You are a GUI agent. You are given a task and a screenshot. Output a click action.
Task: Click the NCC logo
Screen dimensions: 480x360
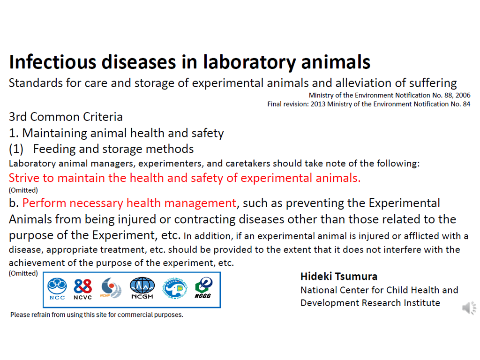57,289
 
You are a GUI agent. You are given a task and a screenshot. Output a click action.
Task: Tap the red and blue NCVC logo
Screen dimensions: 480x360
82,289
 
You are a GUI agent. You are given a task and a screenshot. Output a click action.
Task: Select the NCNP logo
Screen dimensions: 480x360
111,288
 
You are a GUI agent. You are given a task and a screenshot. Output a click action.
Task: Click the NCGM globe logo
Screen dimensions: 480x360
142,288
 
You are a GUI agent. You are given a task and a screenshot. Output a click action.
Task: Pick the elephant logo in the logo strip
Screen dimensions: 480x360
175,288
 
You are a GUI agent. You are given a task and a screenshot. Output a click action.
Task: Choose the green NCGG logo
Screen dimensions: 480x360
203,288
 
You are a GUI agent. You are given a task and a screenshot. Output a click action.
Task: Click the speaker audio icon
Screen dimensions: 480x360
469,307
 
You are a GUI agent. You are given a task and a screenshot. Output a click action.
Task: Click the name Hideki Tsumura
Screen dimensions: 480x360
339,277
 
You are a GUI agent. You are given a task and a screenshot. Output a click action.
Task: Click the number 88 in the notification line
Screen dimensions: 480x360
448,95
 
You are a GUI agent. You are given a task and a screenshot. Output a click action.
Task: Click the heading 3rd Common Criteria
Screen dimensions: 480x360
66,117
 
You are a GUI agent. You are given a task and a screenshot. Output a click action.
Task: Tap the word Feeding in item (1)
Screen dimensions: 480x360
54,149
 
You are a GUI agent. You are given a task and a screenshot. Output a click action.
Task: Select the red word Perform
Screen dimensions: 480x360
44,203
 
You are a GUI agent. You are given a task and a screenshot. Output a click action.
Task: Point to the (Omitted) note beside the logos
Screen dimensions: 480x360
23,273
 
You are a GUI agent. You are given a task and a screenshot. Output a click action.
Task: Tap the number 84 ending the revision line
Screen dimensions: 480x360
466,104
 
